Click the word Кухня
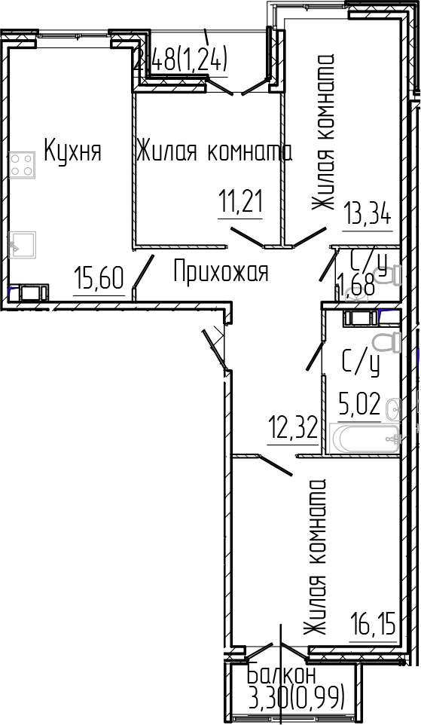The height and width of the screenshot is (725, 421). click(72, 150)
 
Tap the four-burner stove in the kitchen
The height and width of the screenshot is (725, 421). click(23, 164)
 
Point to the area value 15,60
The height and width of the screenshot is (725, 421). click(99, 280)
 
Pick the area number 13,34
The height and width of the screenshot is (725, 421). click(368, 213)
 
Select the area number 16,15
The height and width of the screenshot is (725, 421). click(372, 624)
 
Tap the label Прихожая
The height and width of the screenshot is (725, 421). click(221, 271)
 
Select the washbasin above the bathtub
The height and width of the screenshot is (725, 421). click(392, 410)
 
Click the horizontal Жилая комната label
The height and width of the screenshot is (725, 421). click(214, 151)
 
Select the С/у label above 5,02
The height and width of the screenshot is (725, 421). click(360, 364)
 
